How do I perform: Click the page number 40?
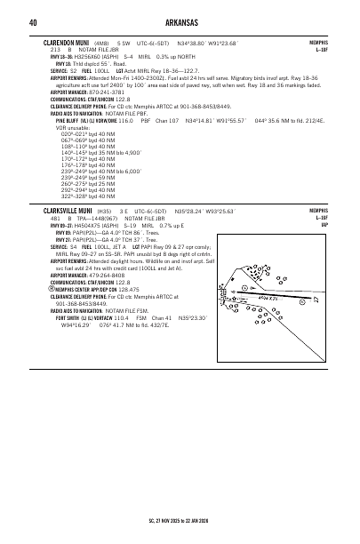(x=32, y=21)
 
